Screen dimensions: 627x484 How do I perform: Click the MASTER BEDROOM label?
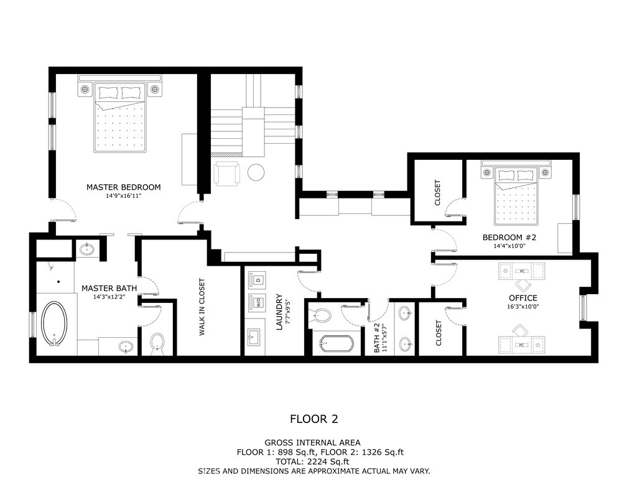[x=124, y=187]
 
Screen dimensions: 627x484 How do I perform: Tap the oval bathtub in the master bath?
[x=55, y=323]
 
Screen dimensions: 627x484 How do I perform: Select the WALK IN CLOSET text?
[x=202, y=307]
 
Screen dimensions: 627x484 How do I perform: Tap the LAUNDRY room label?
[x=279, y=312]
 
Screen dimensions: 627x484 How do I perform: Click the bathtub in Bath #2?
[x=337, y=344]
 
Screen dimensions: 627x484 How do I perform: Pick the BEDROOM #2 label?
[x=509, y=237]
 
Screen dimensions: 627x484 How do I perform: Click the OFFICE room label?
[x=523, y=298]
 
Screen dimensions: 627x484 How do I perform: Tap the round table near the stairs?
[x=256, y=172]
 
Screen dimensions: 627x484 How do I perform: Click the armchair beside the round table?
[x=226, y=173]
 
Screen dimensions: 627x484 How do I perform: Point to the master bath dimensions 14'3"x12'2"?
[x=109, y=297]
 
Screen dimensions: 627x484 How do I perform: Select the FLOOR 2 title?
[x=314, y=419]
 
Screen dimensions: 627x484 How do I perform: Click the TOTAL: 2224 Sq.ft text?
[x=312, y=462]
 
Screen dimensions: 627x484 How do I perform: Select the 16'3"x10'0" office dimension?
[x=523, y=307]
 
